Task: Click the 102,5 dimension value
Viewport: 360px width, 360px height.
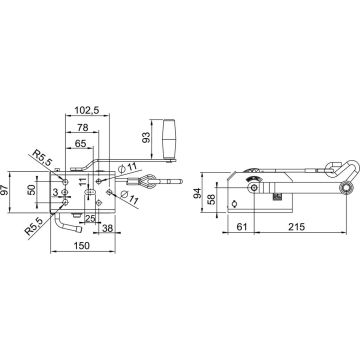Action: (x=87, y=110)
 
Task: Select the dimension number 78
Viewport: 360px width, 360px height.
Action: (x=82, y=127)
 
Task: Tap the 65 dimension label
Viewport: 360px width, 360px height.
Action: (x=80, y=144)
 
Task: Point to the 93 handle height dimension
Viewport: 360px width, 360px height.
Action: (x=146, y=137)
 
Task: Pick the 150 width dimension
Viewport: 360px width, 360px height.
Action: (x=82, y=246)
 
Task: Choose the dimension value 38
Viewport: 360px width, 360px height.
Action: (x=106, y=228)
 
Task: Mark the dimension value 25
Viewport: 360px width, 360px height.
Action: (x=90, y=219)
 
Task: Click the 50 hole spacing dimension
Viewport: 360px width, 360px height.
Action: (x=31, y=190)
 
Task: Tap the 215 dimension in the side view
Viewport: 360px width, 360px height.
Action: (x=296, y=227)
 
